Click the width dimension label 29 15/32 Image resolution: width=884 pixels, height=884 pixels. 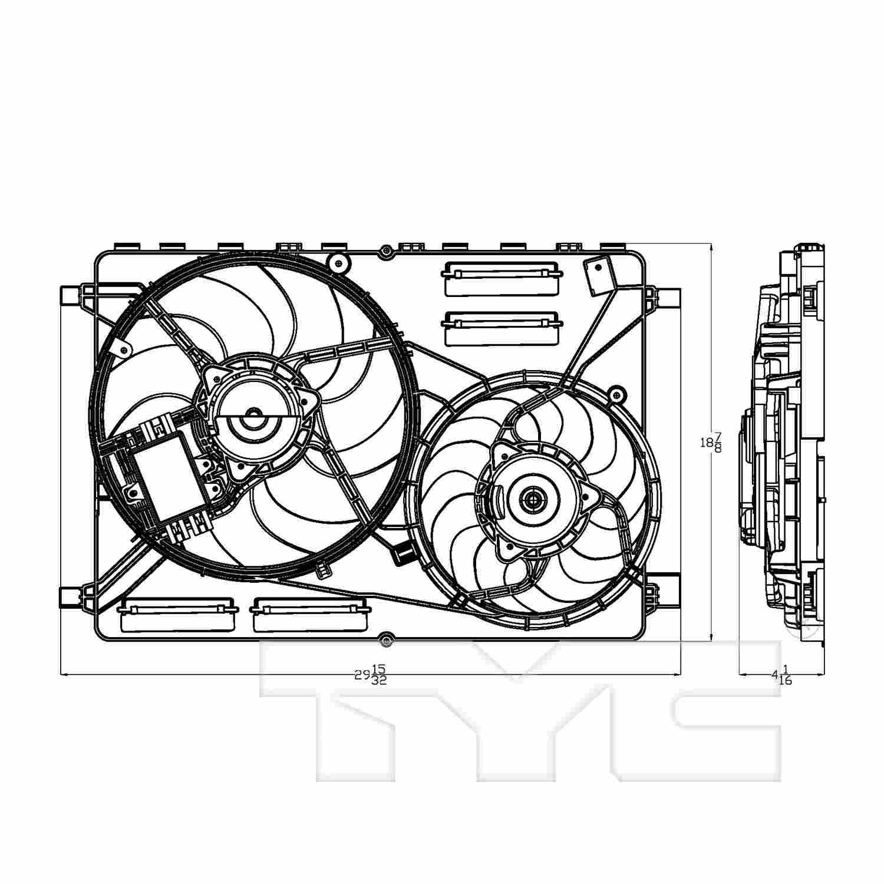pos(371,674)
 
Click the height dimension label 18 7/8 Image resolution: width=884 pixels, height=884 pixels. pos(710,442)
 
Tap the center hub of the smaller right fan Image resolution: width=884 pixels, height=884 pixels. pos(533,500)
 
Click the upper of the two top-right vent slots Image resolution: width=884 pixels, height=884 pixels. pos(500,278)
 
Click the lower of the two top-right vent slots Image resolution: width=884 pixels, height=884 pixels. pos(500,328)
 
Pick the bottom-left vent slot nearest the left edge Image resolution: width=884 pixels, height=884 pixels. pos(177,615)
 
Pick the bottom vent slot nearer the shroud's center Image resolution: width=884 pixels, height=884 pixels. pos(308,615)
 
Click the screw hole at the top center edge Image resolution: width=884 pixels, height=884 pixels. pos(385,251)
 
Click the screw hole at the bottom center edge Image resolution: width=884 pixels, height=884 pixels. pos(385,638)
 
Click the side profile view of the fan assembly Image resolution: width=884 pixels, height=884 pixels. pos(784,448)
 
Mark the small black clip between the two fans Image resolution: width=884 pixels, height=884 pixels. pos(402,552)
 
